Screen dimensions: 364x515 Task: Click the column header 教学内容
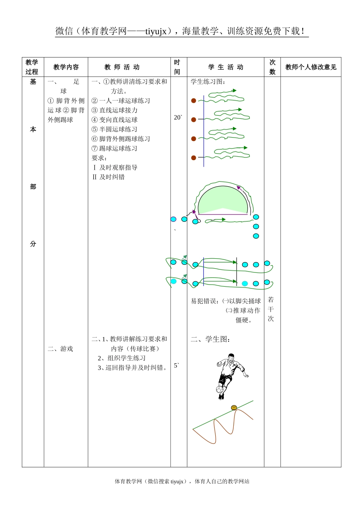[x=66, y=67]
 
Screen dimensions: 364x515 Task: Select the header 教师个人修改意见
[x=311, y=67]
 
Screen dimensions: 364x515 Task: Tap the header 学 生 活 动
[x=226, y=67]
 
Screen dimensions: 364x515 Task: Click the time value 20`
[x=178, y=117]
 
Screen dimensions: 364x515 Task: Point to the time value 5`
[x=177, y=365]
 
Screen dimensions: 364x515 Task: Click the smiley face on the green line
[x=234, y=408]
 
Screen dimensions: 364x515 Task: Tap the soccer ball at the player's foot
[x=220, y=389]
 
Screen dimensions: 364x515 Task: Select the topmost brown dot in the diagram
[x=194, y=101]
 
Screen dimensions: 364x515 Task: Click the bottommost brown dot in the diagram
[x=194, y=157]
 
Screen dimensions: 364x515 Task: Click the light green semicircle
[x=223, y=200]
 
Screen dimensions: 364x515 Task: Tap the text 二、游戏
[x=60, y=349]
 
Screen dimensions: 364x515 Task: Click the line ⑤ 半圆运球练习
[x=114, y=129]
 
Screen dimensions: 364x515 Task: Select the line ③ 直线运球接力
[x=114, y=110]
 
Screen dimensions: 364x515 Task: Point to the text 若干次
[x=271, y=309]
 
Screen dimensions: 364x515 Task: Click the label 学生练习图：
[x=208, y=82]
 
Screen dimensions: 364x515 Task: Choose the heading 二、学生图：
[x=210, y=339]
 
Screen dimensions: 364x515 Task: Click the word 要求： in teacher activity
[x=99, y=158]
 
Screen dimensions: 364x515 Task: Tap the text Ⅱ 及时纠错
[x=108, y=177]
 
